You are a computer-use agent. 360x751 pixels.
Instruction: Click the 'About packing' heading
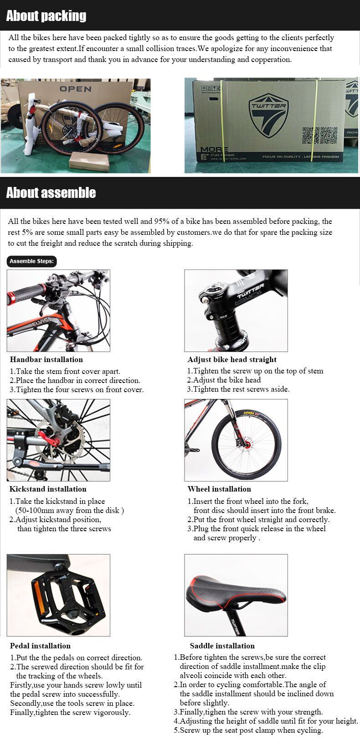[x=46, y=16]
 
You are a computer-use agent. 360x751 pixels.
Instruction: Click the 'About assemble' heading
[x=51, y=192]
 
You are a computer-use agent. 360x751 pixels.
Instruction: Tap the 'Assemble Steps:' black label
[x=32, y=261]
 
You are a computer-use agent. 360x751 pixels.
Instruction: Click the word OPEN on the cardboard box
[x=75, y=89]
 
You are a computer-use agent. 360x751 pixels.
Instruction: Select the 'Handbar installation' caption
[x=46, y=359]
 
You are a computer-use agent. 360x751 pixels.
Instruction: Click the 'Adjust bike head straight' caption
[x=232, y=359]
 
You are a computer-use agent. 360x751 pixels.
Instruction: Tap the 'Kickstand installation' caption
[x=48, y=489]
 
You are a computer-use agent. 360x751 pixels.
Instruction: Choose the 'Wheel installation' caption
[x=219, y=489]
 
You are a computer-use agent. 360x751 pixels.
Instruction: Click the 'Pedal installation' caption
[x=40, y=646]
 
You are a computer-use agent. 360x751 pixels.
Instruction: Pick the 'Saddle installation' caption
[x=222, y=646]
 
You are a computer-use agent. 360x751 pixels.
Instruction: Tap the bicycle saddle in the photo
[x=236, y=592]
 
